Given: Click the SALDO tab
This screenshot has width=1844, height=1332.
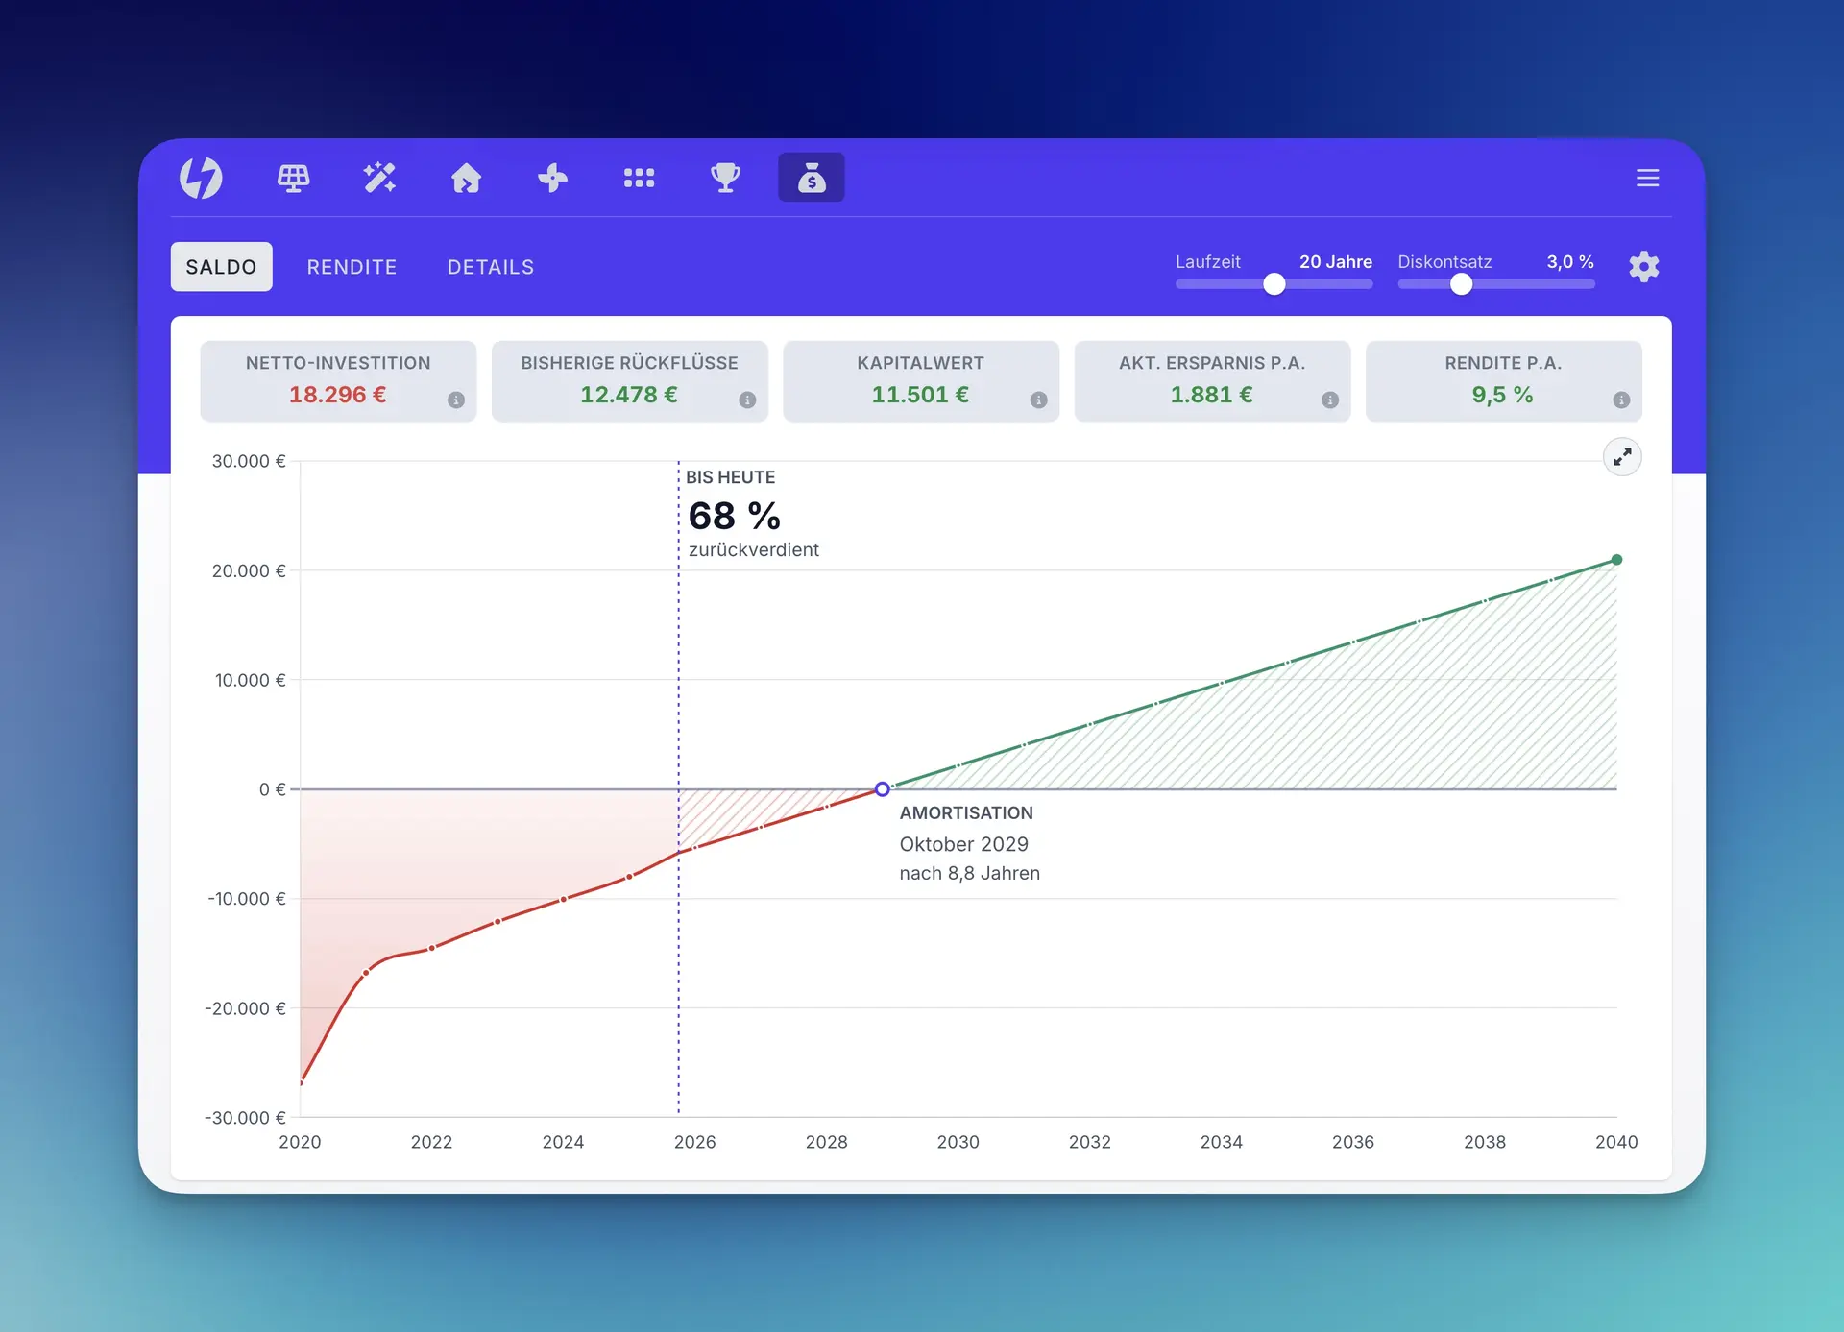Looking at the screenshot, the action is click(x=221, y=267).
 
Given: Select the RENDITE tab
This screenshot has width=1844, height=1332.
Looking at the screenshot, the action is click(x=352, y=267).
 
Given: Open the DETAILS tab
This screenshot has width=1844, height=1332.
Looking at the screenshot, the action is click(x=491, y=267).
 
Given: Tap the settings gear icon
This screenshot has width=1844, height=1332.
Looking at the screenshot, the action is click(x=1644, y=266).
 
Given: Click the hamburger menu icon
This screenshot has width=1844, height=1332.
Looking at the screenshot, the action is click(x=1648, y=178).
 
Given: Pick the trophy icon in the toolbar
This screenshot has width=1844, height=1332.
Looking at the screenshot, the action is click(x=725, y=178).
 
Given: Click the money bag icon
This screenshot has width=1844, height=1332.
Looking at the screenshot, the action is click(x=812, y=178).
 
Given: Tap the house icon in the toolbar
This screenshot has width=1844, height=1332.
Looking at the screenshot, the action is click(x=467, y=178).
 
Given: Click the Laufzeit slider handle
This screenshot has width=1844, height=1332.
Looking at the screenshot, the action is click(x=1274, y=284).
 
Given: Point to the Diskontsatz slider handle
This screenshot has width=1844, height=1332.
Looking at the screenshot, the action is click(x=1461, y=284).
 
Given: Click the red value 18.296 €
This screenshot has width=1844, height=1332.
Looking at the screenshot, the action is click(x=338, y=395).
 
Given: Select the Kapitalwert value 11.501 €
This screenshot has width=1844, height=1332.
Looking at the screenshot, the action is click(x=920, y=395).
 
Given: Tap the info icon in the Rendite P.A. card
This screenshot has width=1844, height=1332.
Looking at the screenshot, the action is click(x=1621, y=400).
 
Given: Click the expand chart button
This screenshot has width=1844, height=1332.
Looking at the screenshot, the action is click(x=1622, y=457).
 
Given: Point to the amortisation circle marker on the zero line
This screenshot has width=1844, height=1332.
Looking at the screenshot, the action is click(x=882, y=789).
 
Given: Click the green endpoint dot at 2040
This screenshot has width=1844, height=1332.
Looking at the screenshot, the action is click(x=1616, y=560).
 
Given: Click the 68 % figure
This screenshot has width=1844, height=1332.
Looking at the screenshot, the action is click(x=735, y=517).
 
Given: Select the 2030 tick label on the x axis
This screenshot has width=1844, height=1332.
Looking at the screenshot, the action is click(x=958, y=1142).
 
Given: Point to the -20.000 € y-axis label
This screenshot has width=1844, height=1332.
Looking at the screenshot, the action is click(x=245, y=1008).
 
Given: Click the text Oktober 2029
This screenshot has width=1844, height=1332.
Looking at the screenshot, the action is click(x=964, y=844).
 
